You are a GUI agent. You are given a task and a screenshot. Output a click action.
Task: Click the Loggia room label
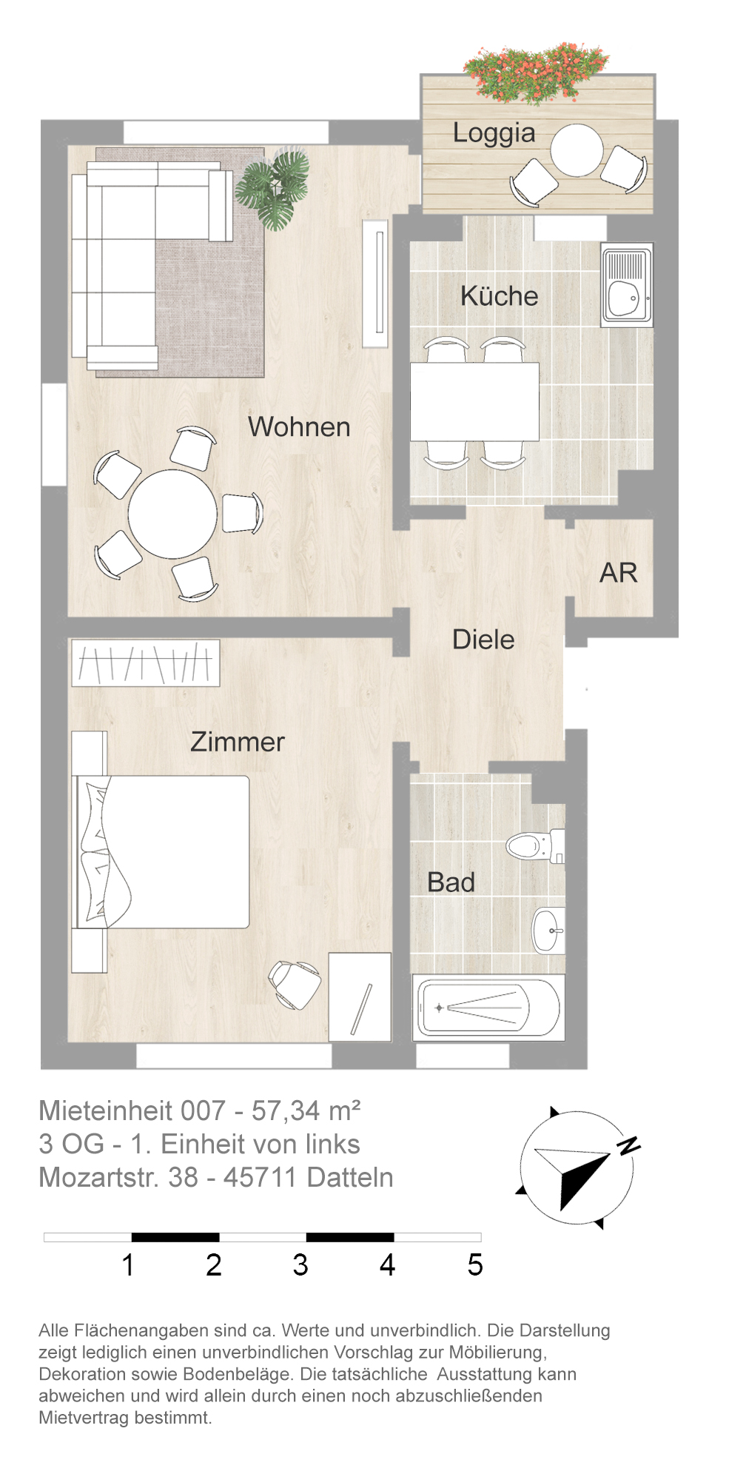[x=494, y=134]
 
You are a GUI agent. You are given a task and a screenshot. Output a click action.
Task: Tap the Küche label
[x=499, y=296]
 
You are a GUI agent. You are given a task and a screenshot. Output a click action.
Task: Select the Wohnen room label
[x=299, y=427]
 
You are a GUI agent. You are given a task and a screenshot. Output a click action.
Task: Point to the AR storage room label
[x=618, y=573]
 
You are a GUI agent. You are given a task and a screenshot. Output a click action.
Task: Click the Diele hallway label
[x=483, y=640]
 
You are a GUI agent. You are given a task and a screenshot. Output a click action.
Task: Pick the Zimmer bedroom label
[x=238, y=742]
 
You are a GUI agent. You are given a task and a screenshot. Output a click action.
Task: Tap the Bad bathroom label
[x=451, y=882]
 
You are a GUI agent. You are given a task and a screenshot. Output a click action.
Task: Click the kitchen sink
[x=627, y=285]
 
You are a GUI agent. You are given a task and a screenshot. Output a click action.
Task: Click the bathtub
[x=488, y=1008]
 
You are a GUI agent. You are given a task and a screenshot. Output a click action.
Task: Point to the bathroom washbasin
[x=548, y=930]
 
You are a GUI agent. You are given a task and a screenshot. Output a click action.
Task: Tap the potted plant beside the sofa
[x=272, y=188]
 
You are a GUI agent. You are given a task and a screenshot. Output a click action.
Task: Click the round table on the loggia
[x=577, y=150]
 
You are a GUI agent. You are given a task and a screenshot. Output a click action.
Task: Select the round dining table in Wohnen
[x=173, y=514]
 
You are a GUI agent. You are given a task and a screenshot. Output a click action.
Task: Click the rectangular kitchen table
[x=474, y=402]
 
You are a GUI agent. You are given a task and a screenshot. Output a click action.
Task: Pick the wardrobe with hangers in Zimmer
[x=146, y=663]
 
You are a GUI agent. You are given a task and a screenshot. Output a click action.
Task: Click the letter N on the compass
[x=628, y=1145]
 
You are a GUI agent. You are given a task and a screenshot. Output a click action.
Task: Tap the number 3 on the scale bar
[x=300, y=1264]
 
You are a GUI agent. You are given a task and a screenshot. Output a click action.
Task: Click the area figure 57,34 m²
[x=306, y=1110]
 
